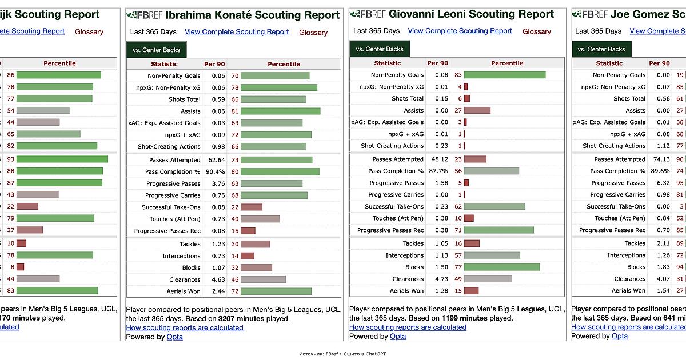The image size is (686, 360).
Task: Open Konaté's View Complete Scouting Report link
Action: click(237, 32)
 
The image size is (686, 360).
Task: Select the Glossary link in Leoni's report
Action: click(536, 31)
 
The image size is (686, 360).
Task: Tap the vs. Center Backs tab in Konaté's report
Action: click(156, 50)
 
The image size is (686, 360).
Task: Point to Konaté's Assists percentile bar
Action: click(281, 111)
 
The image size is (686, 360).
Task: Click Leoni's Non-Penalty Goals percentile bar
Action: click(505, 75)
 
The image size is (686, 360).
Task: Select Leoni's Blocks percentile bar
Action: click(502, 267)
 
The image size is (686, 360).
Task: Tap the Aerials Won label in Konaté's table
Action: click(184, 291)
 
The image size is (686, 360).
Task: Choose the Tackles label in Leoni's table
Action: click(413, 243)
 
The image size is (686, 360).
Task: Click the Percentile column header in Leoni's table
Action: click(506, 63)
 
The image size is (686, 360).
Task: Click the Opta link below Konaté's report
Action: click(174, 337)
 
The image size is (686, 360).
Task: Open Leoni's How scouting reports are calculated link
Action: click(408, 327)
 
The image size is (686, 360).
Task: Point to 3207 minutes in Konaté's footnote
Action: click(241, 319)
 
